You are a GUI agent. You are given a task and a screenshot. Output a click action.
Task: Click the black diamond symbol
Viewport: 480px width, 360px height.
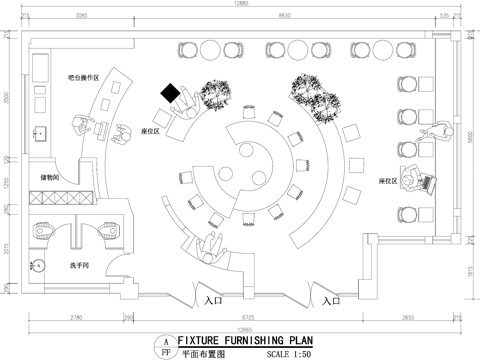(171, 94)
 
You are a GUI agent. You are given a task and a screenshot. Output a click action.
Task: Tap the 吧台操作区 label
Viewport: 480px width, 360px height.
(83, 76)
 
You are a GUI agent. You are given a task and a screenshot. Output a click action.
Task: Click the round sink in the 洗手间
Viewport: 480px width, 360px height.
(38, 266)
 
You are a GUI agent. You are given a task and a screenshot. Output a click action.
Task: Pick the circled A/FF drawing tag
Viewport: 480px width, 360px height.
(161, 346)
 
